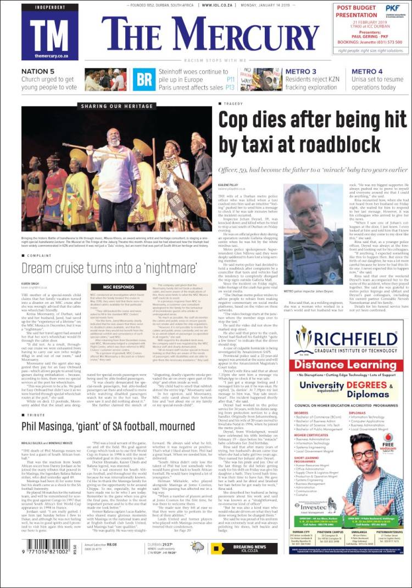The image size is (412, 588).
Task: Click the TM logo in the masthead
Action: click(x=49, y=32)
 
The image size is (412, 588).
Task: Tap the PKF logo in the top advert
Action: click(x=392, y=9)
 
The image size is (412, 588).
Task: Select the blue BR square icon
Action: click(x=144, y=80)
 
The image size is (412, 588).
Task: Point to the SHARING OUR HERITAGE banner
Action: click(x=118, y=106)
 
